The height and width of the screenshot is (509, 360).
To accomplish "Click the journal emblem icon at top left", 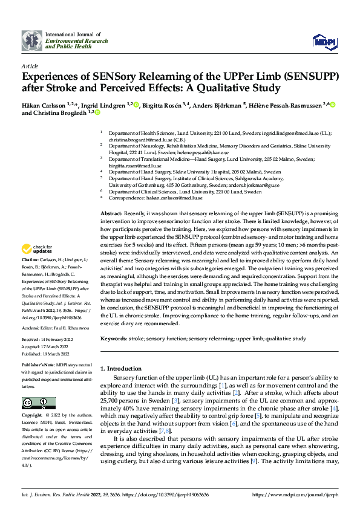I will (x=32, y=40).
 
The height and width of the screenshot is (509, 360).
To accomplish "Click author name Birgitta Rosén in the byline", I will (x=160, y=105).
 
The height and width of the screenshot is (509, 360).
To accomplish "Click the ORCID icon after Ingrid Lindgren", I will (x=137, y=104).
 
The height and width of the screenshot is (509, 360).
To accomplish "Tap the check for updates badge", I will (x=37, y=250).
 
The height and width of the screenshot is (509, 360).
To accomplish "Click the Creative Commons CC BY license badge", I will (x=39, y=403).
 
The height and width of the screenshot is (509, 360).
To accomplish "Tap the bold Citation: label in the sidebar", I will (x=31, y=276).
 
